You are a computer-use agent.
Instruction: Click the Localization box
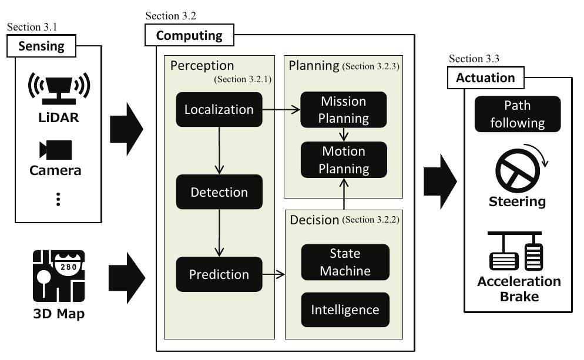(x=219, y=109)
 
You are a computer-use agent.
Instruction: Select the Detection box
(x=219, y=192)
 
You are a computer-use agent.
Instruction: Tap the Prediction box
(x=219, y=274)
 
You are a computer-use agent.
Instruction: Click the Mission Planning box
(x=344, y=109)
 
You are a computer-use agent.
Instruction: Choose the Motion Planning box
(x=344, y=160)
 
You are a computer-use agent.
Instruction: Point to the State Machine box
(x=345, y=262)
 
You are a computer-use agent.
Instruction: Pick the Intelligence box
(x=345, y=309)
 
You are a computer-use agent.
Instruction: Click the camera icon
(x=55, y=150)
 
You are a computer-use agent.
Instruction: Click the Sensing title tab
(x=41, y=46)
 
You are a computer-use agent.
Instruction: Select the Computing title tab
(x=189, y=35)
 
